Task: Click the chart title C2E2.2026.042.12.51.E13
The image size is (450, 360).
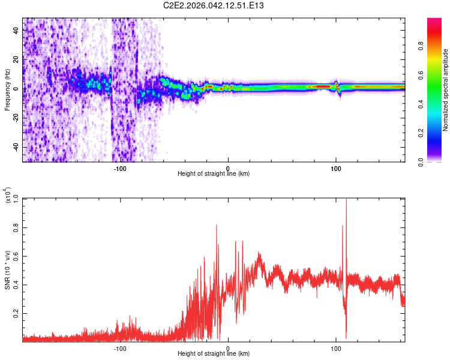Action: [x=214, y=6]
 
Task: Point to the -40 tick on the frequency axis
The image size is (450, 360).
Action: [x=16, y=148]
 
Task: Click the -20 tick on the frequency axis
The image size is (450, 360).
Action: [x=16, y=118]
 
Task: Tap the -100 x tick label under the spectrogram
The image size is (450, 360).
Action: [x=120, y=168]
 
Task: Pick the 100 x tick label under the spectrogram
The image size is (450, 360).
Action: [x=336, y=168]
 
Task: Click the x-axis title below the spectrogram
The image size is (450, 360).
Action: [x=214, y=174]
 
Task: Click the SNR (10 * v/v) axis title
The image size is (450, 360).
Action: [x=7, y=267]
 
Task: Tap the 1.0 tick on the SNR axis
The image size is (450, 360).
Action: [x=16, y=199]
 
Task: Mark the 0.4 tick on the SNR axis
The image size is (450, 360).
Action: [x=16, y=284]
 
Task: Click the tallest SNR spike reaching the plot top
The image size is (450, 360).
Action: [x=346, y=200]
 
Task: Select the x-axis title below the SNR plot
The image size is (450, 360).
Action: [x=214, y=354]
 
